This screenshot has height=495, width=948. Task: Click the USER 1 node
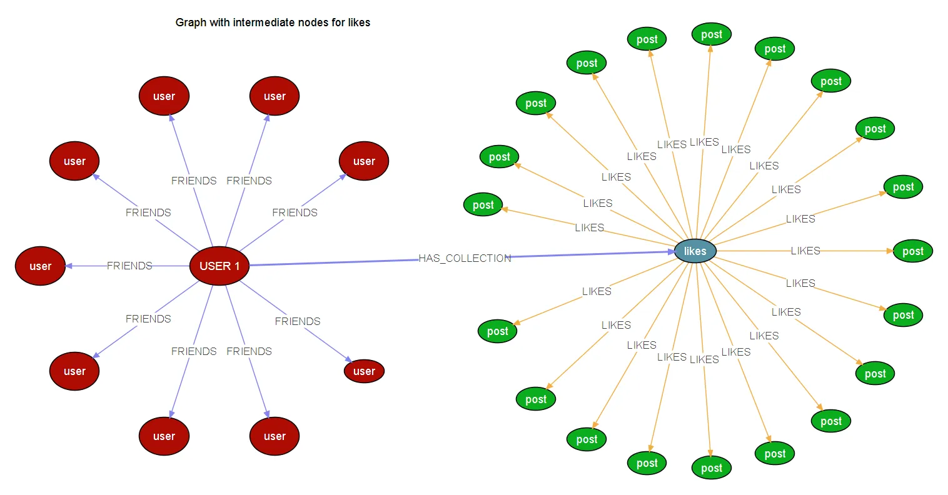[219, 266]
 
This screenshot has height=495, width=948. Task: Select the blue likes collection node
[695, 251]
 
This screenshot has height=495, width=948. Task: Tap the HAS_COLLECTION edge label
[465, 258]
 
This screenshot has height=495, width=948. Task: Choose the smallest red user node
[364, 371]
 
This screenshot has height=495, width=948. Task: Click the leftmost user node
[40, 266]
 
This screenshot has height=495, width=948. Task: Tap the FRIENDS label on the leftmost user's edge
[129, 266]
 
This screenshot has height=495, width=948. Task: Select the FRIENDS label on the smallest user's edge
[298, 321]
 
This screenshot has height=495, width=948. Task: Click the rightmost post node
[913, 251]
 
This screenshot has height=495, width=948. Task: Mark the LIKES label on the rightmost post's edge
[805, 251]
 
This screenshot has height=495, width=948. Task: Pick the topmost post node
[712, 34]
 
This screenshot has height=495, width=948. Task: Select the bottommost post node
[712, 468]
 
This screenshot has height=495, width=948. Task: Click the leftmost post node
[483, 205]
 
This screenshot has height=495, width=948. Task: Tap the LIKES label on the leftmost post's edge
[590, 227]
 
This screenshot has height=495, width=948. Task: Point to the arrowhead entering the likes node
[670, 252]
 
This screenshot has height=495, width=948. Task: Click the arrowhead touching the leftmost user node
[69, 266]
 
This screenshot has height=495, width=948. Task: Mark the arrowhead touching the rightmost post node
[890, 251]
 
